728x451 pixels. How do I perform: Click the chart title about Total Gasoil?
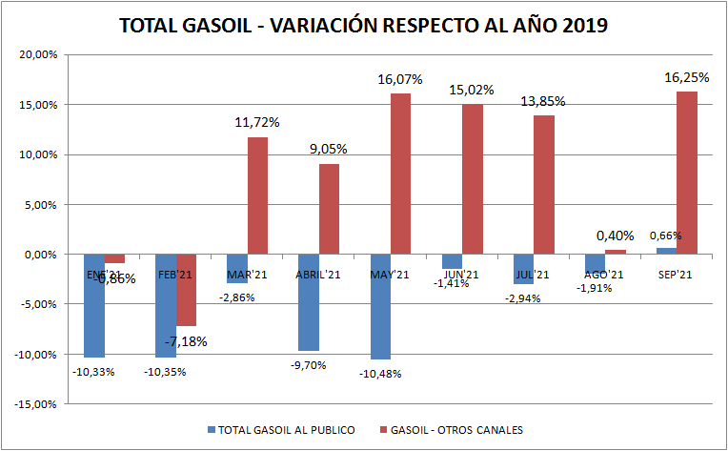(x=363, y=26)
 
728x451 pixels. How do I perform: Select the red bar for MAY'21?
(x=399, y=174)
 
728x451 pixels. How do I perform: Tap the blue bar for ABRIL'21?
(x=309, y=302)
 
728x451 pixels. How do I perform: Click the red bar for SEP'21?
(x=686, y=173)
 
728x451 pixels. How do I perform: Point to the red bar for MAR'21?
(x=257, y=195)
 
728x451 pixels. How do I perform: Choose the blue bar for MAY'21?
(x=380, y=306)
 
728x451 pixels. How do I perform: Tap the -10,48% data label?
(x=379, y=373)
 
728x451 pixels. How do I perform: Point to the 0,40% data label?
(x=615, y=236)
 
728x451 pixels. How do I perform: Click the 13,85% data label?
(x=543, y=102)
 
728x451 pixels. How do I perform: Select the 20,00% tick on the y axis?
(x=39, y=54)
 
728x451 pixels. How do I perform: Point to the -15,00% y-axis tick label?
(x=37, y=404)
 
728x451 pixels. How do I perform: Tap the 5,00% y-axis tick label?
(x=41, y=204)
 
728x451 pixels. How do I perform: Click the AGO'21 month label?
(x=604, y=275)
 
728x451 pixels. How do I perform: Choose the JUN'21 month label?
(x=461, y=274)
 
